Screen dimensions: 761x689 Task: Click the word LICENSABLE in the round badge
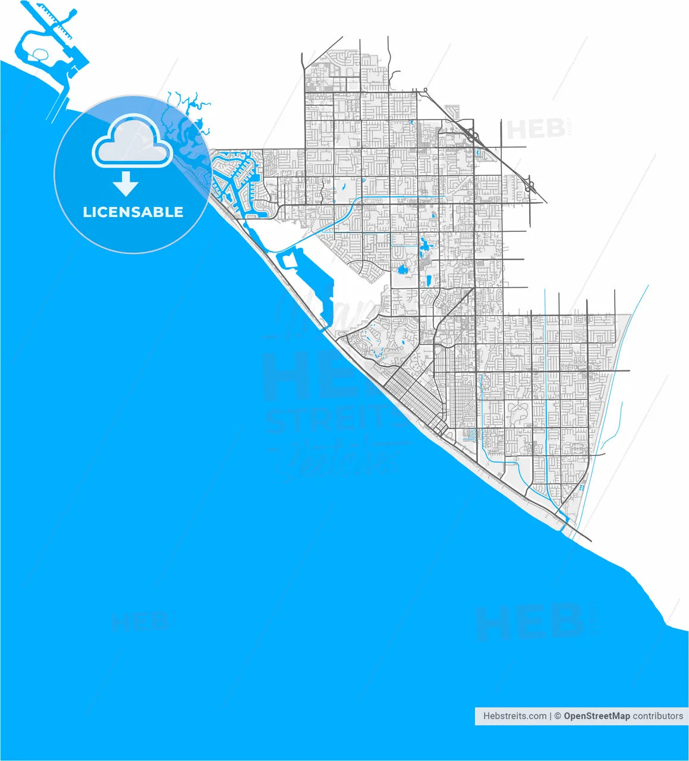(133, 212)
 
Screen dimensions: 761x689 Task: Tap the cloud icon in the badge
(133, 144)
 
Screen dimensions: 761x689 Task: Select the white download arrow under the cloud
(125, 184)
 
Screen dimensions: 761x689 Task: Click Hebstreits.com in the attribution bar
(515, 716)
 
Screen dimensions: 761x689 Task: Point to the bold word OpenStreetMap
(596, 716)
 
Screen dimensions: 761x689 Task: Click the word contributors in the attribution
(657, 716)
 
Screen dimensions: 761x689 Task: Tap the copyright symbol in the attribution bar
(558, 716)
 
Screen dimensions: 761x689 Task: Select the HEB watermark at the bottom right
(529, 621)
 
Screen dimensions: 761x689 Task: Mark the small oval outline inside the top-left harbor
(41, 55)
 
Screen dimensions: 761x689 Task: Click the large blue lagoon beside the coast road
(321, 297)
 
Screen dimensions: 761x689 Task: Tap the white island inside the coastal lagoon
(289, 261)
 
